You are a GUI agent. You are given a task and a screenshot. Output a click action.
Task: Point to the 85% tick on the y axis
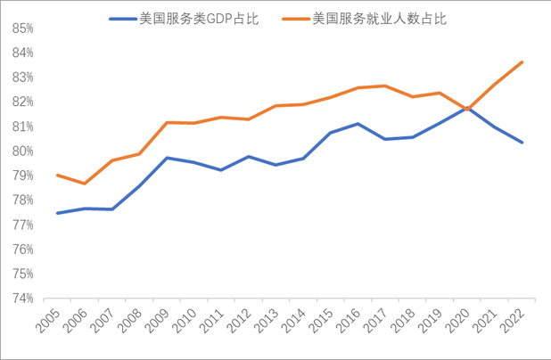(23, 29)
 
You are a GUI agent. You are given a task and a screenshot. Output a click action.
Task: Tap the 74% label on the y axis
(23, 299)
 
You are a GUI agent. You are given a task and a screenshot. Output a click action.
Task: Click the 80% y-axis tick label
(23, 151)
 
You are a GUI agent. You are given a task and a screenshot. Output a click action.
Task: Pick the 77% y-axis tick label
(23, 225)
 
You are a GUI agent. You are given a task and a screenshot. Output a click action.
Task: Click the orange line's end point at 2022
(522, 61)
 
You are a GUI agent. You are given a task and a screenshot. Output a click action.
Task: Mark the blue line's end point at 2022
(522, 143)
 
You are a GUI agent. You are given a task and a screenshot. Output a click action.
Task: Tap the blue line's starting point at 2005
(57, 213)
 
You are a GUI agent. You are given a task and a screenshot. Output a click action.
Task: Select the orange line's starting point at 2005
(57, 176)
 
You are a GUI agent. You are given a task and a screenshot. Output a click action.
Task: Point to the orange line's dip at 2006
(85, 184)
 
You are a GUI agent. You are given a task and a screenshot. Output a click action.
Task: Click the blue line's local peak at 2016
(358, 124)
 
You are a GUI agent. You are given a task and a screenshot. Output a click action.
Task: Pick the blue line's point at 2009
(167, 158)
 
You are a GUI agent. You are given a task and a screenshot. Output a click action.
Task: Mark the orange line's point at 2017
(385, 86)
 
